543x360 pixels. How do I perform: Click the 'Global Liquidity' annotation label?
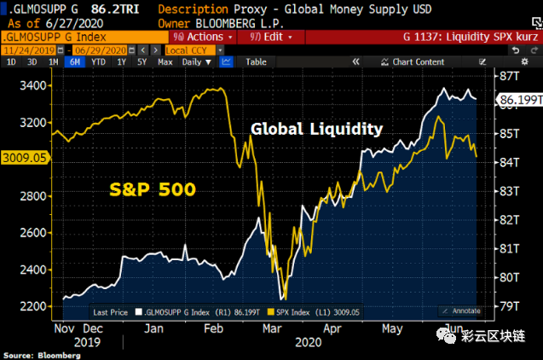(316, 130)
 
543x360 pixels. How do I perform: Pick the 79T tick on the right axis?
(510, 305)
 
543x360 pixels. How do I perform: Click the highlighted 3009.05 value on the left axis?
(24, 158)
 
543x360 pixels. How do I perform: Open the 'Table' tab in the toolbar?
(256, 62)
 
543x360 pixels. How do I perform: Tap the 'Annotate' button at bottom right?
(462, 311)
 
